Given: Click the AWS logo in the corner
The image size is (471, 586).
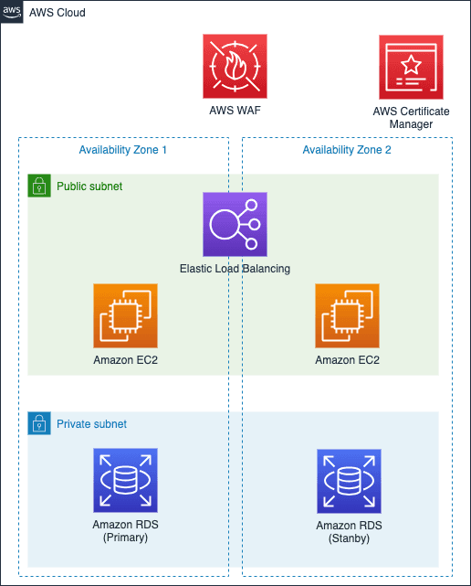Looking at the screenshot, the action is pos(12,12).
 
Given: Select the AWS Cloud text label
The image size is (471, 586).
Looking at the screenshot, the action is pos(58,13).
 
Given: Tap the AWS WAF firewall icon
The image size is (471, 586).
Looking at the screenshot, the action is pos(235,66).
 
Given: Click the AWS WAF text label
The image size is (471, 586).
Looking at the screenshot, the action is pos(235,111).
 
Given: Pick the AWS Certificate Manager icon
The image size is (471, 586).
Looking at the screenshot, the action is pos(411,68).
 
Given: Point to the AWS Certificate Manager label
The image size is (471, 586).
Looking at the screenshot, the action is pos(411,118).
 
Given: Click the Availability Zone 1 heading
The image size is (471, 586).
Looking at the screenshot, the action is pos(123,150).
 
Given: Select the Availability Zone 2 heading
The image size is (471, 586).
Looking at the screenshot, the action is pos(347,150).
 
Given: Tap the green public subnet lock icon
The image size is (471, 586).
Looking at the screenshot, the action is pos(39,186).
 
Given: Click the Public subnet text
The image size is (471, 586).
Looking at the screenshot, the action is pos(89,186).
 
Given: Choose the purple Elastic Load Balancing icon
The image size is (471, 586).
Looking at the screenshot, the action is pos(235,224).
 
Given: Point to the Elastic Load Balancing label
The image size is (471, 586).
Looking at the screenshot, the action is pos(235,269).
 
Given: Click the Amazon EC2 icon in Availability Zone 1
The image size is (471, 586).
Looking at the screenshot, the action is pos(125,315).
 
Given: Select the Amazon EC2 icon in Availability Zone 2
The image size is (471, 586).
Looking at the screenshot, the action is pos(347,315).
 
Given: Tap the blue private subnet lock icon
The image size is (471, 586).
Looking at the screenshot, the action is pos(39,423).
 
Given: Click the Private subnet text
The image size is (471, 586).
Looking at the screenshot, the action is pos(91,424).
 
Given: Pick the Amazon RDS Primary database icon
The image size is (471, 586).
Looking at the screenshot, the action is pos(125,480).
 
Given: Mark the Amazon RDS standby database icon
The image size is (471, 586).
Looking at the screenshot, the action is pos(349,482).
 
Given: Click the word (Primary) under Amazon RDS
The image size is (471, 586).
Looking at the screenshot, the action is pos(125,538).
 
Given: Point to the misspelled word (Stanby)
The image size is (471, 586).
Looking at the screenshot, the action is pos(349,538).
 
